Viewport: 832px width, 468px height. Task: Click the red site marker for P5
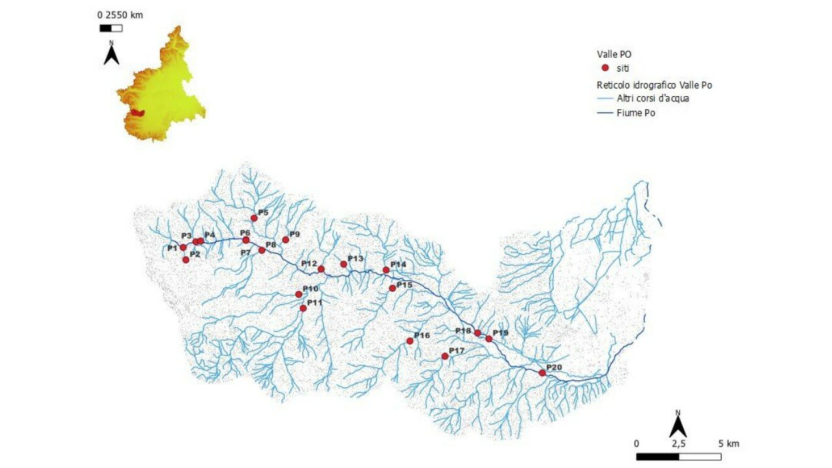click(x=254, y=218)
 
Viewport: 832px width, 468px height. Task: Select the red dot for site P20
click(x=542, y=372)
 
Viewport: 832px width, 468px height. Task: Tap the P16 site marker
click(x=409, y=341)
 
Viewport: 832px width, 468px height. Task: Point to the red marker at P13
click(x=343, y=264)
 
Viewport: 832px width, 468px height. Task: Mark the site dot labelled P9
click(x=285, y=239)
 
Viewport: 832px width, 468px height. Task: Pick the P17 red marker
click(x=445, y=356)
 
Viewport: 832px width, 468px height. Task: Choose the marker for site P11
click(x=303, y=308)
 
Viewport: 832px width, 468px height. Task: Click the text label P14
click(x=398, y=265)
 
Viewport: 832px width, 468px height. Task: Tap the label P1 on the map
click(x=172, y=248)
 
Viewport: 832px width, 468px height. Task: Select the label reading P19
click(x=500, y=333)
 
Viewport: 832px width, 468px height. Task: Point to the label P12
click(x=309, y=263)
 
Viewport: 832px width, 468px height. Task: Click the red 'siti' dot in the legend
click(x=605, y=68)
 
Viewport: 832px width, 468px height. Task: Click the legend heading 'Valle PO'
click(x=614, y=55)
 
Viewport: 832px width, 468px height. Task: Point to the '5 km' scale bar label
click(x=729, y=443)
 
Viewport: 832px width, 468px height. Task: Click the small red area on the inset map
click(x=136, y=112)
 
